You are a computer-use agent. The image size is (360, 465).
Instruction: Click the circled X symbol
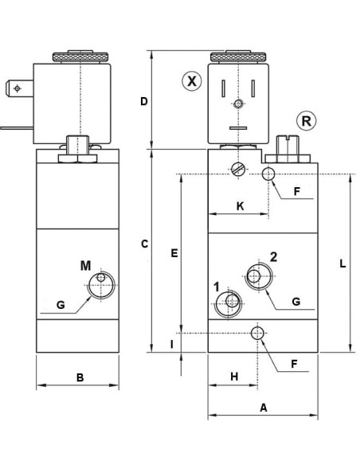(x=192, y=80)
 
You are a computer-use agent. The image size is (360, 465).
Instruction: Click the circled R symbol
(x=307, y=121)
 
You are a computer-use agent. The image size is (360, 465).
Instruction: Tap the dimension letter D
(x=144, y=101)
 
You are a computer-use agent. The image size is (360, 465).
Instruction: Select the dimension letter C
(x=144, y=244)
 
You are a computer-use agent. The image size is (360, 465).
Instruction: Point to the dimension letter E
(x=174, y=253)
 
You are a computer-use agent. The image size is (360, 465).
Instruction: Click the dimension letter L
(x=342, y=264)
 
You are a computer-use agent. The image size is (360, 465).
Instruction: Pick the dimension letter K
(x=241, y=205)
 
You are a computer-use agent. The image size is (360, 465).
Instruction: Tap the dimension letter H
(x=234, y=377)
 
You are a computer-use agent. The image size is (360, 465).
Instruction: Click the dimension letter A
(x=264, y=408)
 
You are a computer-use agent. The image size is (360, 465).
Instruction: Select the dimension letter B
(x=80, y=377)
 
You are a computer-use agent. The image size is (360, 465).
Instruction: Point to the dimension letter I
(x=172, y=344)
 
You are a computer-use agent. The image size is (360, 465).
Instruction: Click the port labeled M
(x=101, y=285)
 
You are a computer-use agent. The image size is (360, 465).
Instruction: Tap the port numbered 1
(x=228, y=303)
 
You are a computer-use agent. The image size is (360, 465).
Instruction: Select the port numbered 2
(x=259, y=275)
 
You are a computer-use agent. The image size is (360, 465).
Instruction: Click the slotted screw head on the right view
(x=239, y=170)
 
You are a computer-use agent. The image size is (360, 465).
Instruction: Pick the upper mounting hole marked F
(x=268, y=174)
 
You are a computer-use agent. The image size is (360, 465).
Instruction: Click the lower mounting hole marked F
(x=257, y=334)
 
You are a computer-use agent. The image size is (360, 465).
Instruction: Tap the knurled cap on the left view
(x=80, y=57)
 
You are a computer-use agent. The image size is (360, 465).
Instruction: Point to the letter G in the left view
(x=61, y=305)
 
